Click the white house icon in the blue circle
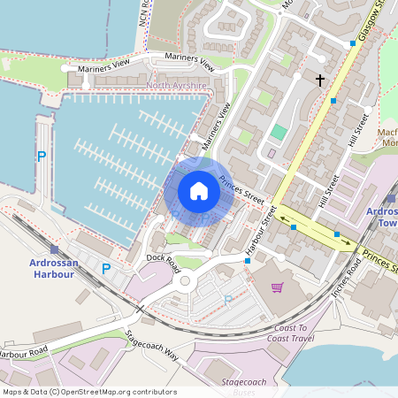click(199, 191)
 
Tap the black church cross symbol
click(319, 80)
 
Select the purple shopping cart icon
click(278, 287)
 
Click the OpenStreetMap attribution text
click(88, 391)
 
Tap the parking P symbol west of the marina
click(41, 157)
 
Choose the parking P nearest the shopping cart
click(227, 301)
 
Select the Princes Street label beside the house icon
click(241, 188)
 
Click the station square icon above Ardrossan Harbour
click(55, 249)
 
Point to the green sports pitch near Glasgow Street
click(279, 132)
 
